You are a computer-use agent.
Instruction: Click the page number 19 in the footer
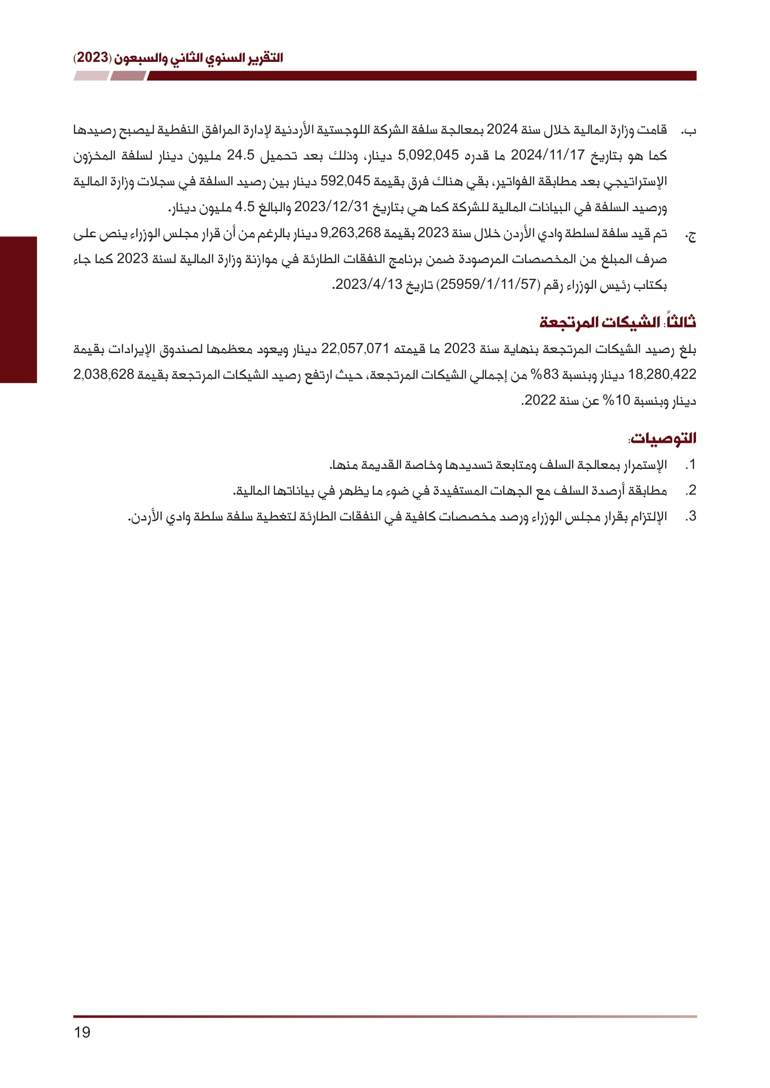point(82,1032)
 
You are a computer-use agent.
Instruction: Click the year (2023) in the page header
point(93,58)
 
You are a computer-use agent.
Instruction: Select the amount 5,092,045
point(428,155)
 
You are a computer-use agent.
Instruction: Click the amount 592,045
point(344,181)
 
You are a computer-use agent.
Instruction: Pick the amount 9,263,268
point(351,233)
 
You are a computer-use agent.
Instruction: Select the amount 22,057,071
point(355,349)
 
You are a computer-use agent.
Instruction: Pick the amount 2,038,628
point(103,375)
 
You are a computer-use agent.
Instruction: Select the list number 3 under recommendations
point(691,516)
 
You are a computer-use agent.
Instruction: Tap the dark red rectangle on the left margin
point(18,309)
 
